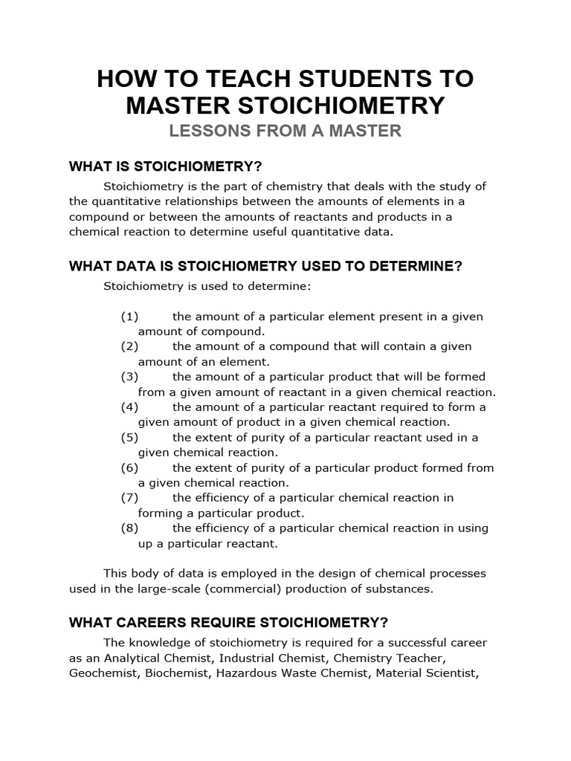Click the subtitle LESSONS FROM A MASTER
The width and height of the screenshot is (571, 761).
(285, 132)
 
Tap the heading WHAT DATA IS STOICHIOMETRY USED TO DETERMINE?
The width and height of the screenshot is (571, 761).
(265, 266)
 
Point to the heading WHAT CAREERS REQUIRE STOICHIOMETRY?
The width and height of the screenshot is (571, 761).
(229, 622)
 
